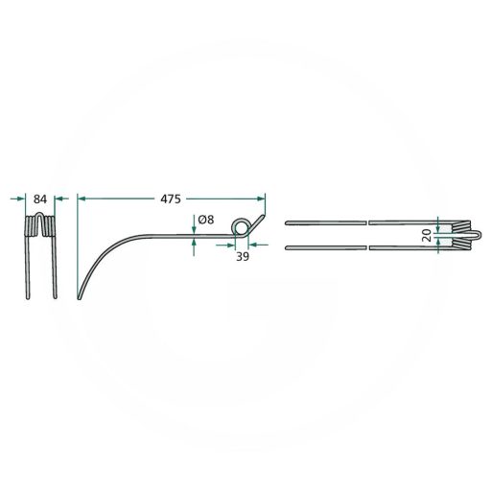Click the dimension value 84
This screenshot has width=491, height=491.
39,199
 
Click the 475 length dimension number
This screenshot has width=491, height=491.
170,199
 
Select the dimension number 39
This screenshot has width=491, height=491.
242,257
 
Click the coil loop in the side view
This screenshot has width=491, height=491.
243,227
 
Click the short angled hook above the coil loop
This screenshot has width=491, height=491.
259,210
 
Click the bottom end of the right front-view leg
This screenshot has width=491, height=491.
55,298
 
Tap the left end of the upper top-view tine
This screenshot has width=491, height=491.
288,223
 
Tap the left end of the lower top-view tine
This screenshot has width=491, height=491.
288,249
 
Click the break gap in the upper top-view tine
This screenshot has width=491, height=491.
368,223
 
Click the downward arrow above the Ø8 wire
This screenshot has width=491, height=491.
195,226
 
